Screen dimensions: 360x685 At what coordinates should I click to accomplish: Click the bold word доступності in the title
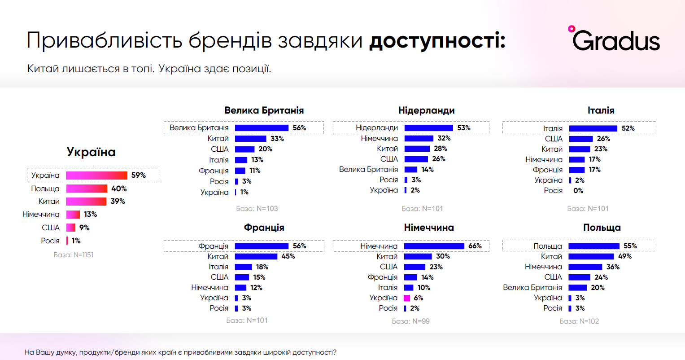[x=437, y=41]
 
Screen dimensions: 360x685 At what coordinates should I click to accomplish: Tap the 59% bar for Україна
[x=96, y=175]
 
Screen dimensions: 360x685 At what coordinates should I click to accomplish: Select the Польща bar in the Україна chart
[x=87, y=189]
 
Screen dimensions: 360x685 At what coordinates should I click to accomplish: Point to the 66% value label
[x=475, y=246]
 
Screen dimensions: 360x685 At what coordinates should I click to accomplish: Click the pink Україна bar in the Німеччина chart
[x=407, y=298]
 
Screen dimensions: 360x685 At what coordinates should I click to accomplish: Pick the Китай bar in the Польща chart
[x=591, y=256]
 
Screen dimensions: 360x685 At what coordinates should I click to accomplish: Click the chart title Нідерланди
[x=426, y=110]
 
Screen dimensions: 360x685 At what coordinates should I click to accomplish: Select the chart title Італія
[x=601, y=110]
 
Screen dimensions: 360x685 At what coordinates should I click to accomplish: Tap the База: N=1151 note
[x=74, y=255]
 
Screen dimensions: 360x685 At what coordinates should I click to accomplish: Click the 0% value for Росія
[x=578, y=191]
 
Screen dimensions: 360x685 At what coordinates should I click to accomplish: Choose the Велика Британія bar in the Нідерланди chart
[x=410, y=170]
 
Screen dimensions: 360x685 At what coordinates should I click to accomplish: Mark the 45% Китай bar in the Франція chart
[x=256, y=256]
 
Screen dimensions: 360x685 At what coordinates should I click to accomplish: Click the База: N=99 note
[x=410, y=321]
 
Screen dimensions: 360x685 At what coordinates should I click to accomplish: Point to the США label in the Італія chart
[x=554, y=139]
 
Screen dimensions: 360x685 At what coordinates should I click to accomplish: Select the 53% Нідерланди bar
[x=428, y=128]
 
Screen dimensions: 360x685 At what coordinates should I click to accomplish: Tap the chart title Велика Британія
[x=264, y=110]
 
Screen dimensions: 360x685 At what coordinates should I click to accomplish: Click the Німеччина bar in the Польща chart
[x=585, y=267]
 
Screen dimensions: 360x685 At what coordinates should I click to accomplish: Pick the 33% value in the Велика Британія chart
[x=277, y=139]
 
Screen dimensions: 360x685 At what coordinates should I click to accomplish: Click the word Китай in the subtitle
[x=43, y=69]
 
